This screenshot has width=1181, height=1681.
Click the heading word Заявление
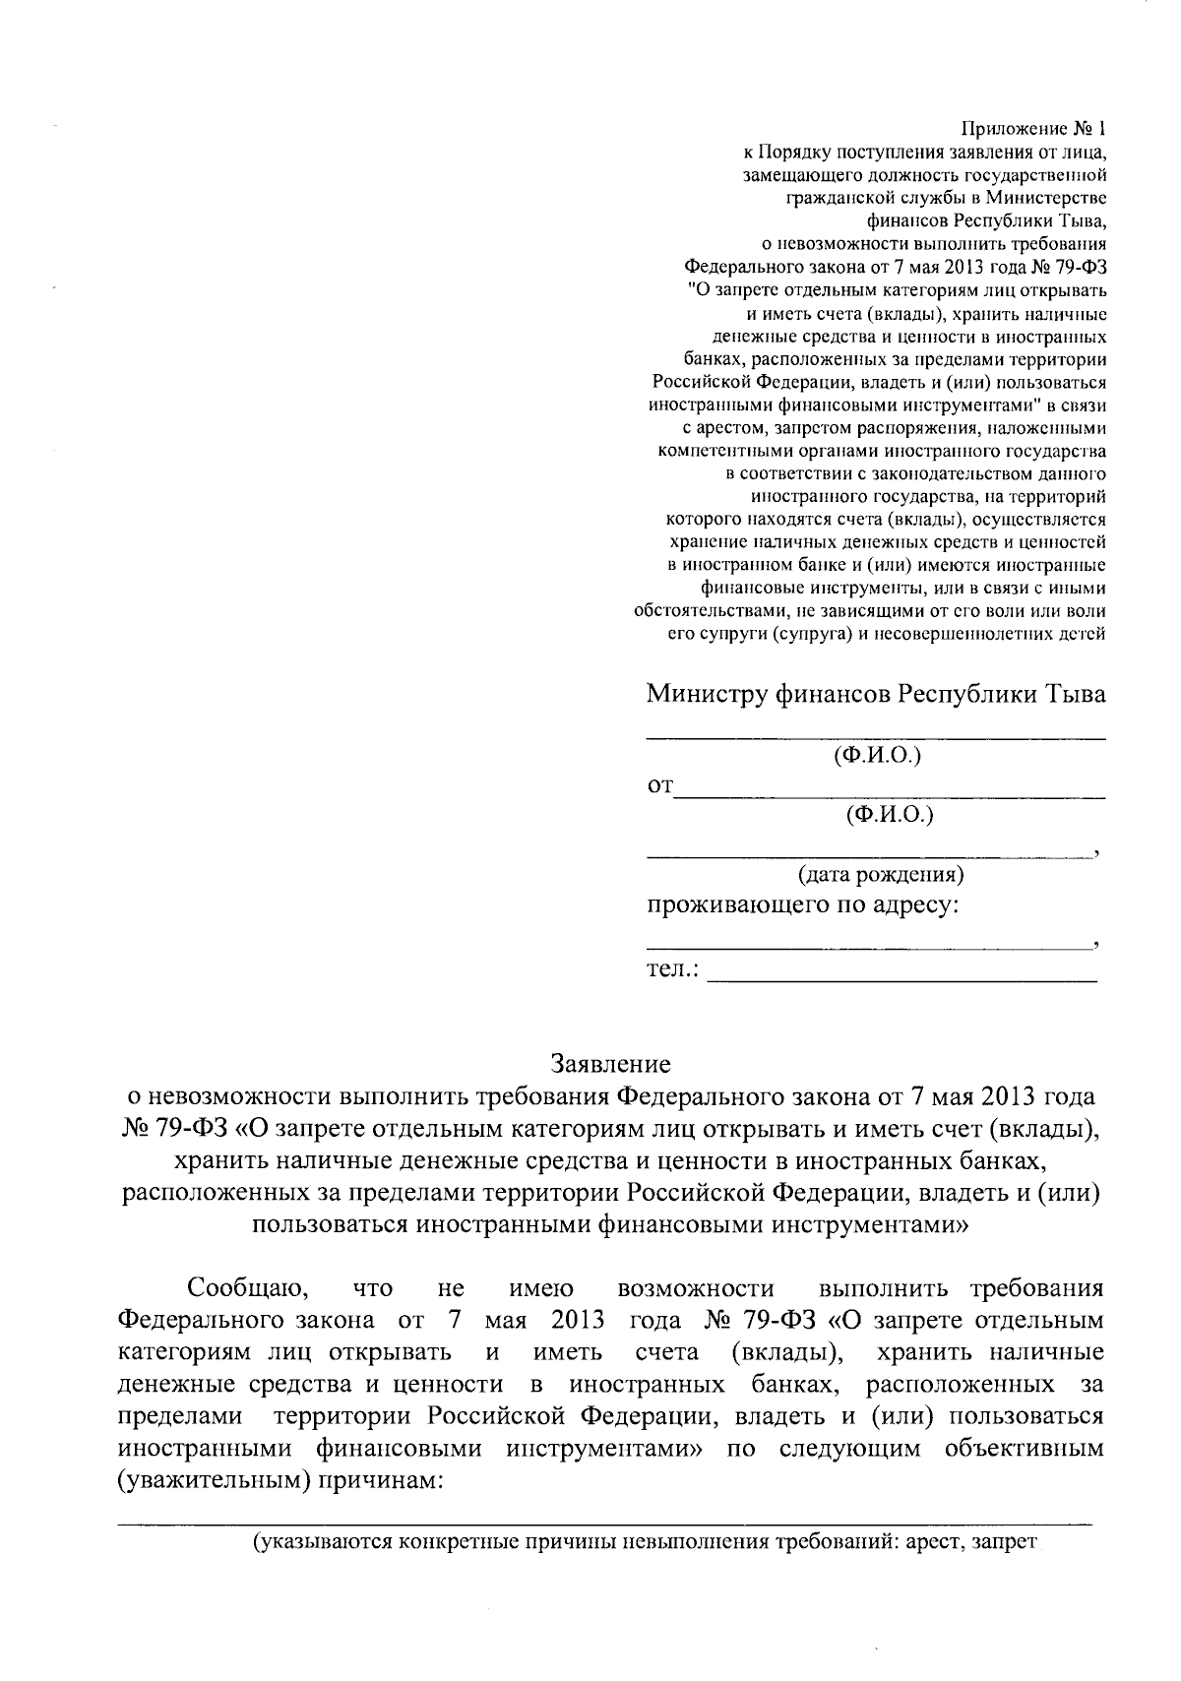[x=610, y=1064]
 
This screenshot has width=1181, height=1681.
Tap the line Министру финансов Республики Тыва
[x=875, y=694]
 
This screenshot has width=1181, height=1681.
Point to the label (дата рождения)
[x=880, y=874]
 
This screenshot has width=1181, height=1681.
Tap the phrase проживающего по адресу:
[x=802, y=904]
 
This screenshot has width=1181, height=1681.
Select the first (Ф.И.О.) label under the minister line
[x=876, y=756]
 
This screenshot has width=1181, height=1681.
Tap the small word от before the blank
[x=659, y=786]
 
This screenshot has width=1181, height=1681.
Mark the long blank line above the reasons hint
[x=605, y=1524]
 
